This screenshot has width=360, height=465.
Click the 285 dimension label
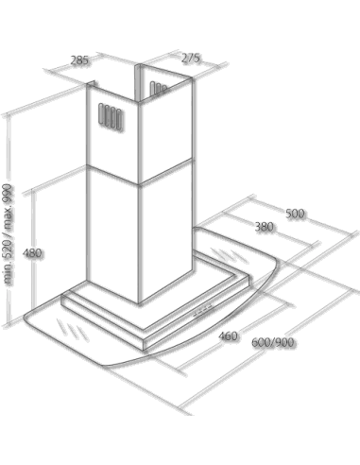(x=79, y=60)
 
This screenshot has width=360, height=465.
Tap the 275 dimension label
(x=191, y=58)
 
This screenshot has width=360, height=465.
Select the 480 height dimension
(x=32, y=252)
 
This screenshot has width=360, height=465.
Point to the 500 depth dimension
(x=295, y=214)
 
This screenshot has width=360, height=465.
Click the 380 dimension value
(x=264, y=227)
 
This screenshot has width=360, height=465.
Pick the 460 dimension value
(x=228, y=336)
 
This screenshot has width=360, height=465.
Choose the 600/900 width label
(x=273, y=342)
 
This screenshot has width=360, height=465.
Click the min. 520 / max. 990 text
(x=8, y=234)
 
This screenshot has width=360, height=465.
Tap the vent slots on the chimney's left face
(x=110, y=116)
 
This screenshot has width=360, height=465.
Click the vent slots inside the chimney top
(x=158, y=88)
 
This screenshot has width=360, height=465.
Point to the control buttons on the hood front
(x=203, y=310)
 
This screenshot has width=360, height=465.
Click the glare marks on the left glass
(x=72, y=330)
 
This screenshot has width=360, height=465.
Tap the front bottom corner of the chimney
(x=139, y=303)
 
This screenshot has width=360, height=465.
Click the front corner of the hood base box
(x=144, y=350)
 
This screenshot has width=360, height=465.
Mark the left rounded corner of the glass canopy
(x=26, y=319)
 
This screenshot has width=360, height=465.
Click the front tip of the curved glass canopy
(x=106, y=367)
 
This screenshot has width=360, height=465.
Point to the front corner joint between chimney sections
(x=139, y=184)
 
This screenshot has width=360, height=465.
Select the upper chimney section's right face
(x=165, y=130)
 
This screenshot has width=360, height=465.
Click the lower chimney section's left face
(x=112, y=234)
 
